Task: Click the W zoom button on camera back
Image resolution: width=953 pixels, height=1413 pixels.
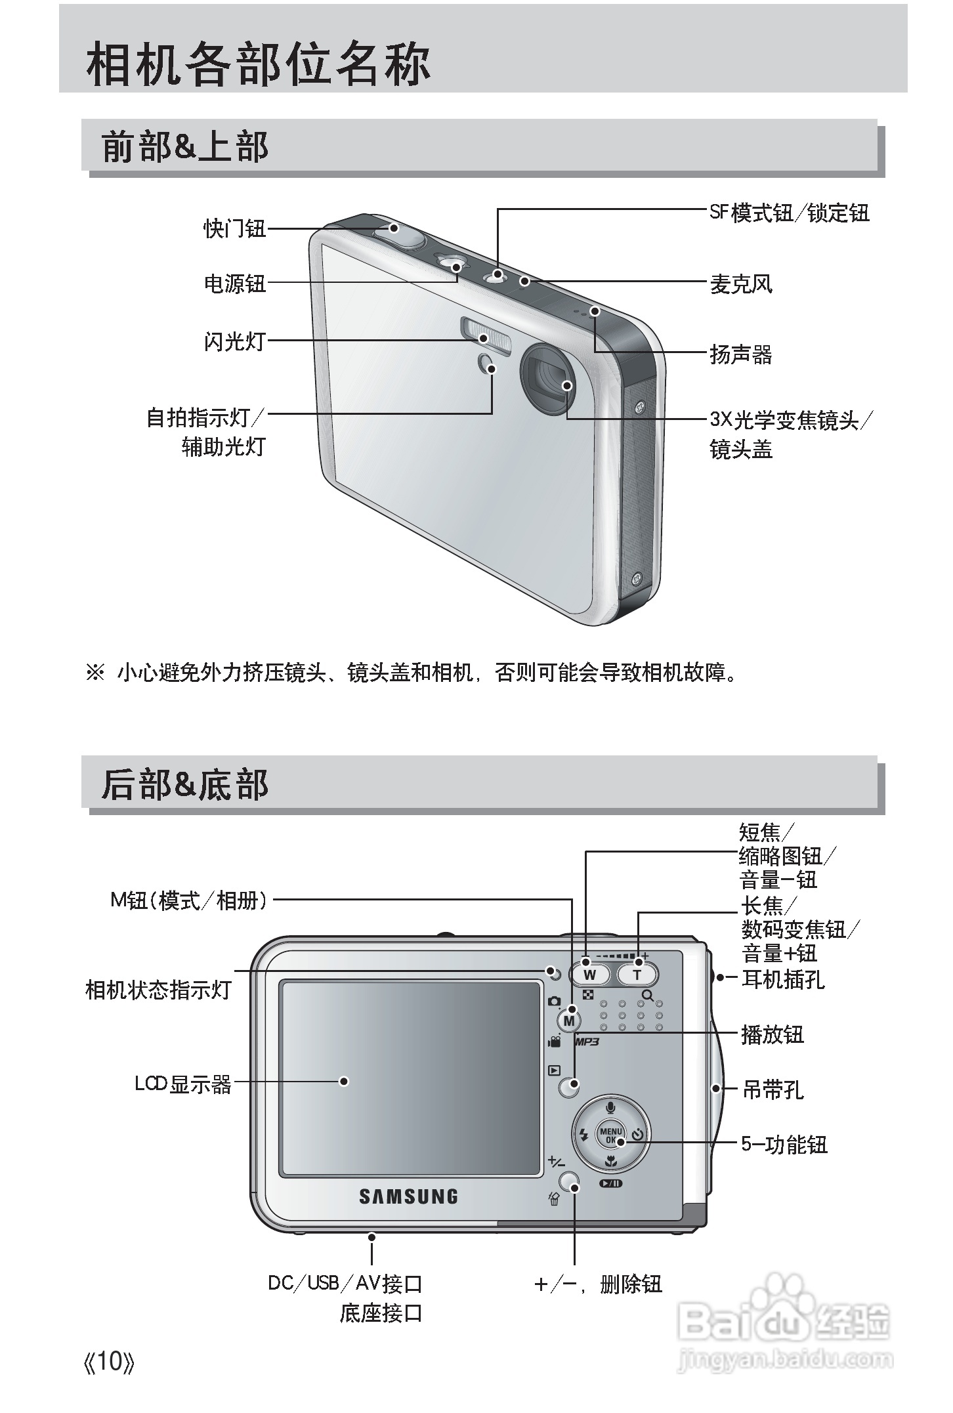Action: click(x=589, y=974)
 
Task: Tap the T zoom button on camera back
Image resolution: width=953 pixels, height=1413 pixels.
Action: click(x=637, y=974)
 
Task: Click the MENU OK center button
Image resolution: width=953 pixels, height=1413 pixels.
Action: click(x=610, y=1135)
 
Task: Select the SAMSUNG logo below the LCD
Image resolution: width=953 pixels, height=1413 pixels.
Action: click(x=408, y=1196)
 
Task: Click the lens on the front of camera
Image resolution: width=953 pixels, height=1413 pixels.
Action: click(x=549, y=379)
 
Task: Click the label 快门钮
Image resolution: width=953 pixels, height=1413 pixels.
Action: click(x=234, y=228)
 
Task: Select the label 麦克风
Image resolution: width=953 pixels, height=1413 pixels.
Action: click(x=741, y=284)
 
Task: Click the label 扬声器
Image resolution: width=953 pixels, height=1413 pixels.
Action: click(x=741, y=354)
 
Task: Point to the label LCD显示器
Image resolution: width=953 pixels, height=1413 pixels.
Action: click(x=183, y=1084)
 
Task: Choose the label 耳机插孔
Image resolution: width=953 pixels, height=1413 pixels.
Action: click(x=782, y=979)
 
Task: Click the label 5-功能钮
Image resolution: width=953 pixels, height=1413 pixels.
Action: click(x=784, y=1145)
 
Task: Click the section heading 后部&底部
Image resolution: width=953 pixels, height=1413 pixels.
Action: click(x=185, y=784)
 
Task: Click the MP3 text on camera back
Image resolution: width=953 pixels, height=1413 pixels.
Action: click(x=588, y=1041)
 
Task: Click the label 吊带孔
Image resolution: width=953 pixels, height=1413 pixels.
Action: click(x=773, y=1090)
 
